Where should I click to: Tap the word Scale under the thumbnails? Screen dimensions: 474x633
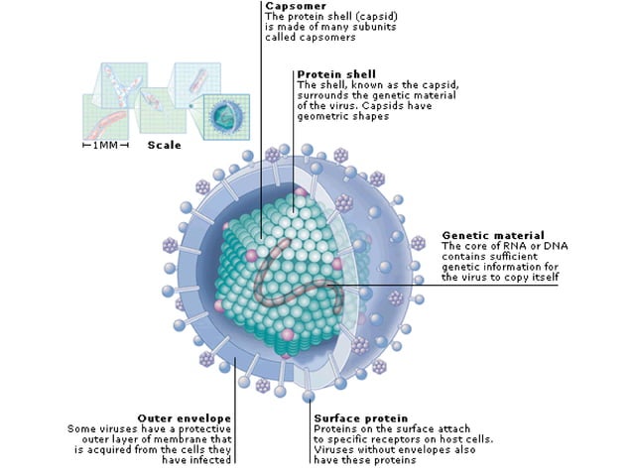pyautogui.click(x=166, y=145)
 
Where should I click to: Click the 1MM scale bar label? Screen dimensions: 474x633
pyautogui.click(x=105, y=145)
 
